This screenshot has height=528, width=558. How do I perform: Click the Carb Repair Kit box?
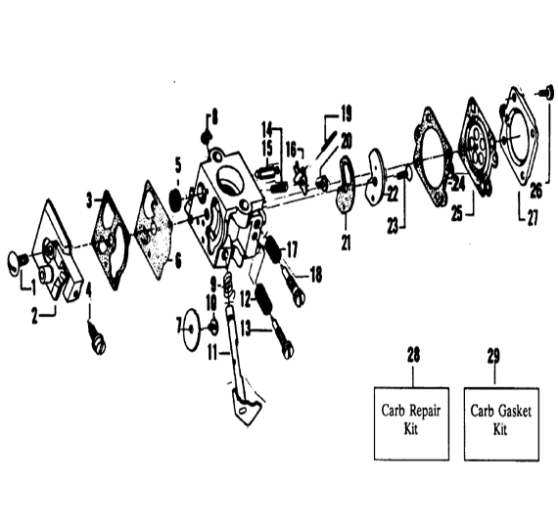coord(411,423)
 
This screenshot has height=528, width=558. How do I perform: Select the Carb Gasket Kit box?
coord(501,423)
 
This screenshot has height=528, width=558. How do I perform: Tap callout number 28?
coord(413,355)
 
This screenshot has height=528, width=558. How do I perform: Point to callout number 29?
coord(493,356)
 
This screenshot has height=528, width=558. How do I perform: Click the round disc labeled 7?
coord(191,328)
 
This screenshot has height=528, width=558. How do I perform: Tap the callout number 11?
coord(212,353)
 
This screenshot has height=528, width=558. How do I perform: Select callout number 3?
coord(90,201)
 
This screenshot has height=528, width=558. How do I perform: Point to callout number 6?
coord(178,262)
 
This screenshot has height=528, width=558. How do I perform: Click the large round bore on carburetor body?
coord(231,177)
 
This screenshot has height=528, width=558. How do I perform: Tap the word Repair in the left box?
coord(425,412)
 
